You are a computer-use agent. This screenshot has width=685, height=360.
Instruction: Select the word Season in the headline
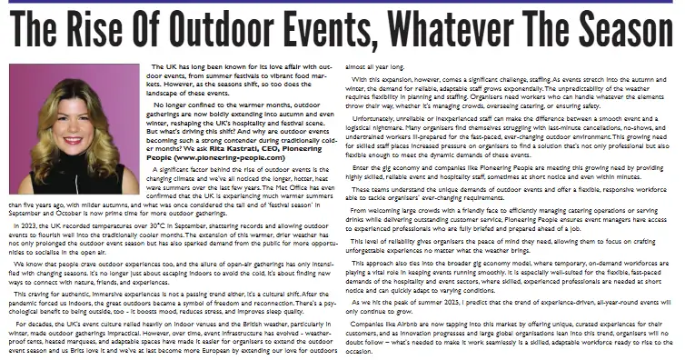(x=620, y=33)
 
